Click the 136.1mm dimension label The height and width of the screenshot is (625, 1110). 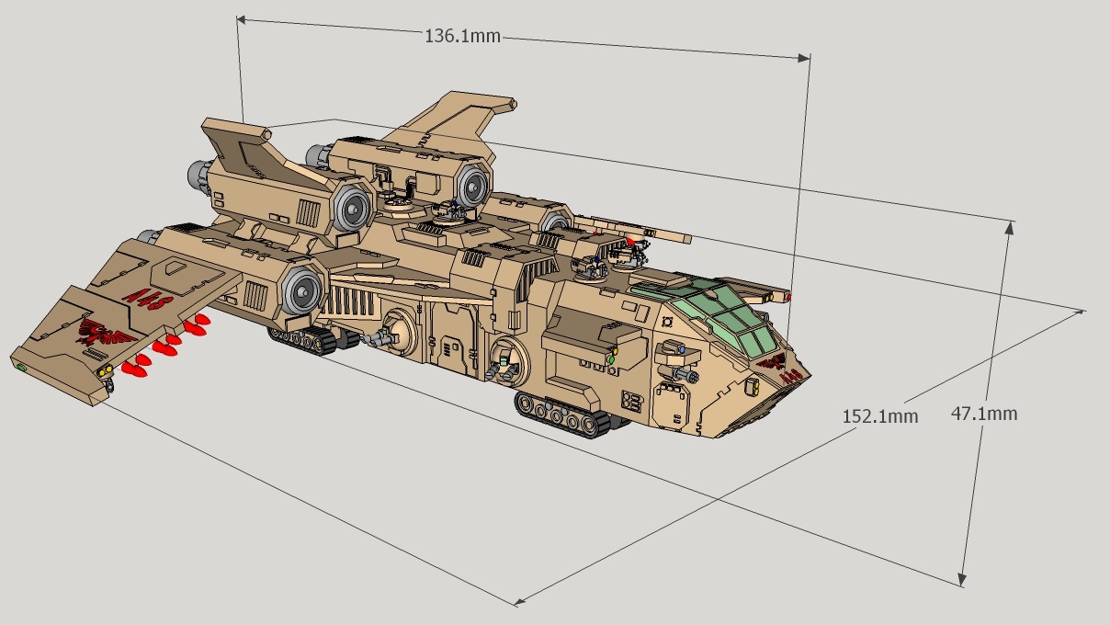462,36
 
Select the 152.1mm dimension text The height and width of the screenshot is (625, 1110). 880,416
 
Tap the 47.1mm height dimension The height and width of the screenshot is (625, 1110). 983,414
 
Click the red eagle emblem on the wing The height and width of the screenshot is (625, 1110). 106,332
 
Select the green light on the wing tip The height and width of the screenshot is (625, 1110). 21,368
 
